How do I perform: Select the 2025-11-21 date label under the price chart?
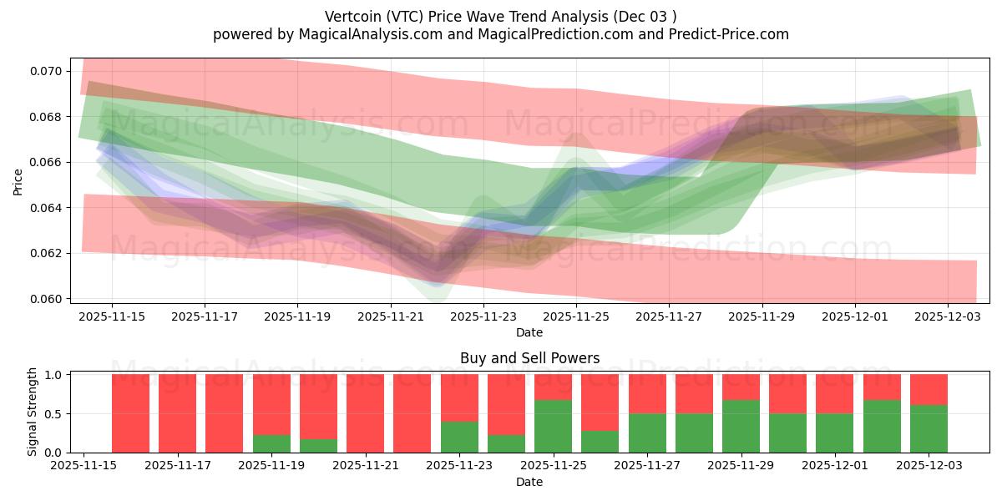click(390, 317)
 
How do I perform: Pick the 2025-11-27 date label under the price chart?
click(668, 317)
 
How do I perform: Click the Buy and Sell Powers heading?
click(529, 358)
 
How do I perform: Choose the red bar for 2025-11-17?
click(177, 413)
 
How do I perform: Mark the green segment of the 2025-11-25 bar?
click(553, 426)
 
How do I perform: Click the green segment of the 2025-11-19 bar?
click(271, 443)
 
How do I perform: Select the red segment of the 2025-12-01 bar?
click(834, 393)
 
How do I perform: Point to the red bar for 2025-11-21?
click(365, 413)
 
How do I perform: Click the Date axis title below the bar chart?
click(529, 482)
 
